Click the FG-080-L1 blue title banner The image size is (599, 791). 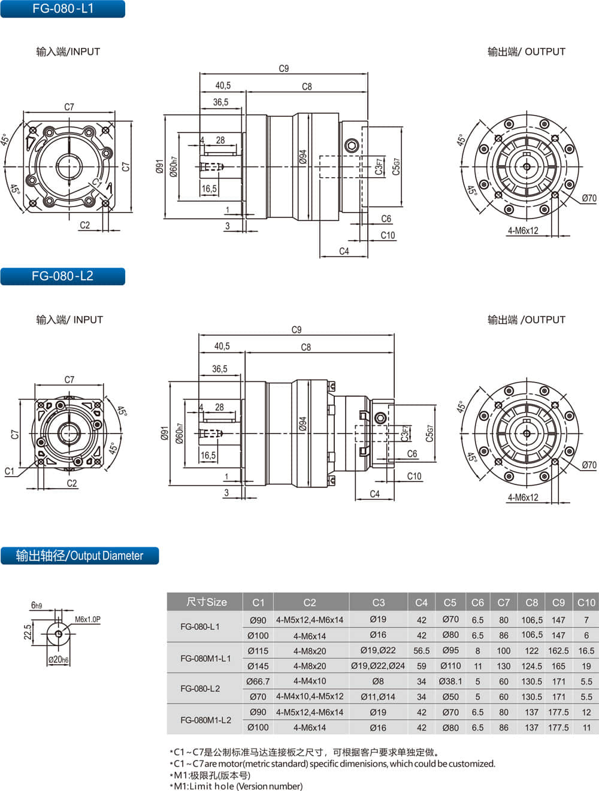(63, 8)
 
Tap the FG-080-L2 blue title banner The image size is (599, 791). (63, 276)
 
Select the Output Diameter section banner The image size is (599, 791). (80, 555)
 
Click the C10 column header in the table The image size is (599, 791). (586, 602)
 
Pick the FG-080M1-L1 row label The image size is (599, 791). (205, 658)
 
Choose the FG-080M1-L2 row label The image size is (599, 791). (205, 720)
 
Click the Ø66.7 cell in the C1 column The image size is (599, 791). (258, 681)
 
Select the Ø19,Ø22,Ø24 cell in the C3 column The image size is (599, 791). (378, 666)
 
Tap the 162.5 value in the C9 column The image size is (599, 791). (558, 650)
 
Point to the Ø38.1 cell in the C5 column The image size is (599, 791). (450, 681)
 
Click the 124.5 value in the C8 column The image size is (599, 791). (531, 666)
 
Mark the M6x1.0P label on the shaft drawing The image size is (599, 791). (87, 619)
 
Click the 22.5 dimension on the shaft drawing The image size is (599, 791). (28, 632)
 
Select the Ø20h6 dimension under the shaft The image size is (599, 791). (58, 659)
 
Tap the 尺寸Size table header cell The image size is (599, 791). (207, 602)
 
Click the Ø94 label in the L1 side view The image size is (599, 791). (302, 157)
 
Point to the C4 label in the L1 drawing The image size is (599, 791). (344, 251)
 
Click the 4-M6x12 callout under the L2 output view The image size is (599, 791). (523, 498)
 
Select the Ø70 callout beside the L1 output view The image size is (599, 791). (589, 198)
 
